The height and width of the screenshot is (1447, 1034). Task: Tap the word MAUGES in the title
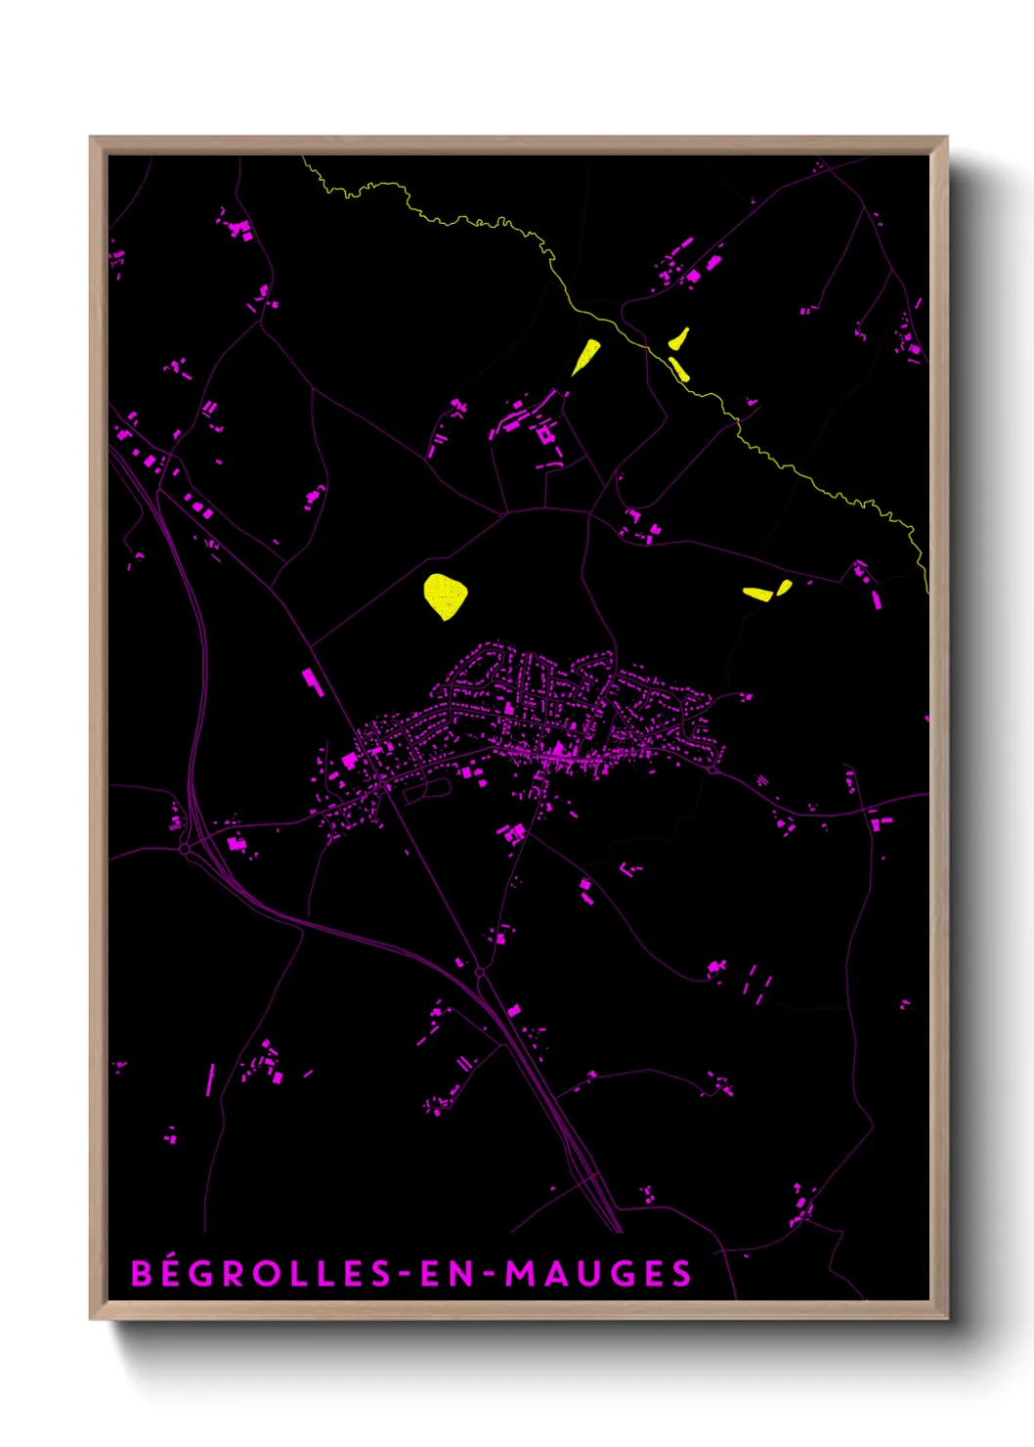click(598, 1273)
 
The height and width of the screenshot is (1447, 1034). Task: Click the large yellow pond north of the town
click(445, 595)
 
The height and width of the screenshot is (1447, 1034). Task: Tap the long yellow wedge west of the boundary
click(585, 356)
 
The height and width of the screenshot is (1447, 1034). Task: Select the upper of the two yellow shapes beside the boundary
click(679, 339)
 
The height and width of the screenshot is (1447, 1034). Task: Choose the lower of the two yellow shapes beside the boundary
click(679, 370)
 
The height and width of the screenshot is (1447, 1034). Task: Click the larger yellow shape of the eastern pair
click(757, 592)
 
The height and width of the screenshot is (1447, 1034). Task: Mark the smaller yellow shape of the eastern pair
click(784, 587)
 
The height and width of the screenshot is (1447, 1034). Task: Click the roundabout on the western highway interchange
click(185, 850)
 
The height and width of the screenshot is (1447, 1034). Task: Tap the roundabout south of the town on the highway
click(480, 973)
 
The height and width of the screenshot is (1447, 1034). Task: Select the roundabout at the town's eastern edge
click(714, 769)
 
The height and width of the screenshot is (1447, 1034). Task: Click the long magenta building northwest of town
click(312, 680)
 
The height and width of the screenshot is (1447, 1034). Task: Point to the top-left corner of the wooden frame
click(91, 138)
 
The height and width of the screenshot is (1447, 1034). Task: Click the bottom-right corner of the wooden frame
click(946, 1318)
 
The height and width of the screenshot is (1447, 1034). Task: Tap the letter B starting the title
click(142, 1273)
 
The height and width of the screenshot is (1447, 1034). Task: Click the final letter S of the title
click(682, 1273)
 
